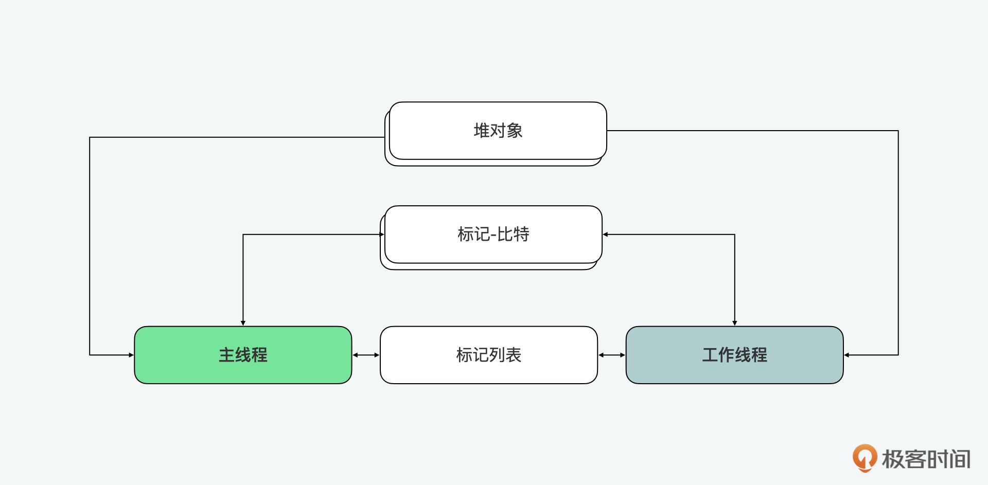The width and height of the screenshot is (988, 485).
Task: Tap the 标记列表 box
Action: (x=488, y=355)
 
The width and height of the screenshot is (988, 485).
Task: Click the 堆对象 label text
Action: (x=498, y=131)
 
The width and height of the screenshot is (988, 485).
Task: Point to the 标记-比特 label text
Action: (x=493, y=235)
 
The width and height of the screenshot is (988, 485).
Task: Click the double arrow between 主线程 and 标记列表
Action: (x=366, y=355)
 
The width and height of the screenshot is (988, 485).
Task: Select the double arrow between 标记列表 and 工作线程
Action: (x=611, y=355)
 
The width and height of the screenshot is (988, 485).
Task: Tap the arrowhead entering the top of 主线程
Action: (x=243, y=323)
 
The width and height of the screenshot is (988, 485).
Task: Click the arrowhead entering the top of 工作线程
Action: (x=734, y=323)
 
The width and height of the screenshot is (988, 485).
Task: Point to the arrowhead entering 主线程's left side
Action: (x=131, y=355)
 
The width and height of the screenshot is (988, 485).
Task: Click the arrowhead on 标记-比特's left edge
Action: (x=382, y=235)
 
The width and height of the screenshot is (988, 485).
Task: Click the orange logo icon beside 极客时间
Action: (x=864, y=457)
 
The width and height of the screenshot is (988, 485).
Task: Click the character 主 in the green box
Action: (x=227, y=355)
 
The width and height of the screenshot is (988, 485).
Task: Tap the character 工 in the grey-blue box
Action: (x=710, y=355)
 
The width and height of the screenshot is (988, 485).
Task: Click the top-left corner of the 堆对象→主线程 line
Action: (x=90, y=137)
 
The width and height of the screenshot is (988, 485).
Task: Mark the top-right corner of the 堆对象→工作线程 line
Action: (x=898, y=131)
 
